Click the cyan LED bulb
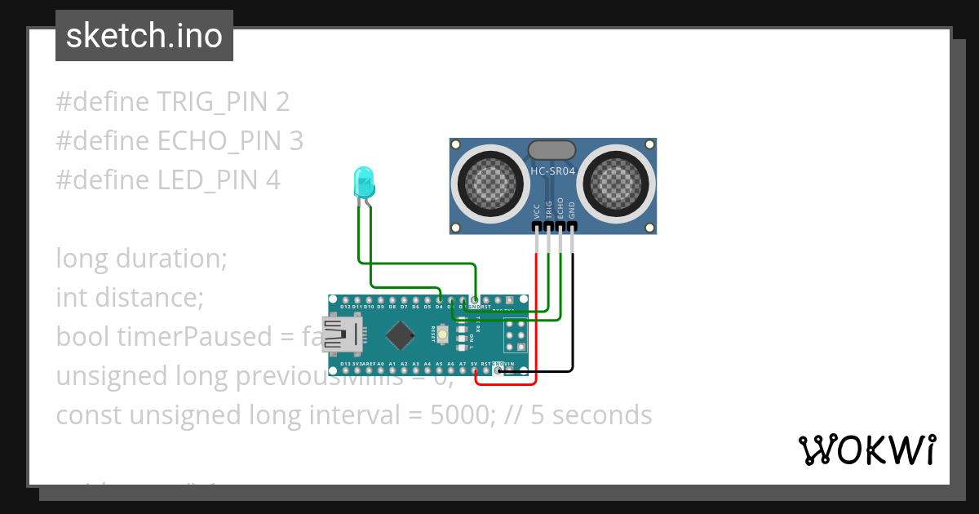(x=363, y=180)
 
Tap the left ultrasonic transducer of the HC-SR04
(x=489, y=184)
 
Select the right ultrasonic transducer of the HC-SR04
(x=618, y=184)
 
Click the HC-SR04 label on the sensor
(x=553, y=171)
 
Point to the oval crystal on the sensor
(x=552, y=149)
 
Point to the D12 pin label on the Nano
(x=346, y=307)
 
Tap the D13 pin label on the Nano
(x=346, y=364)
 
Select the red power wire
(x=536, y=326)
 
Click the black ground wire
(x=573, y=326)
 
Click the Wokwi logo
(x=866, y=450)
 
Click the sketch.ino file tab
(x=144, y=36)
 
